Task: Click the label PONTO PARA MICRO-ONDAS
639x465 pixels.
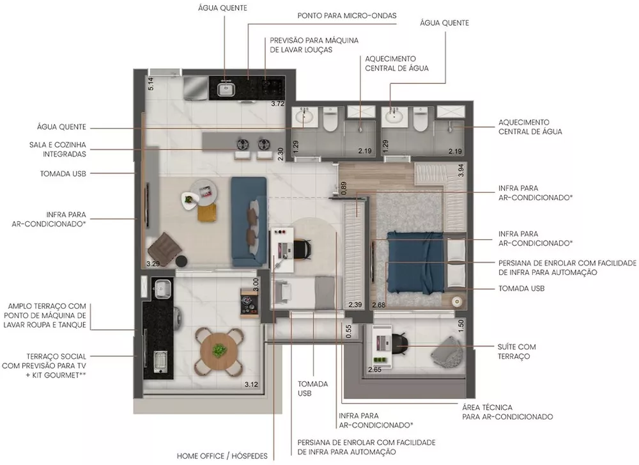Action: coord(347,15)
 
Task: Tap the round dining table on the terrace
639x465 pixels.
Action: coord(219,351)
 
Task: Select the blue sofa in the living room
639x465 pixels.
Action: coord(249,221)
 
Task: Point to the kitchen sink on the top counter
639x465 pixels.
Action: coord(225,89)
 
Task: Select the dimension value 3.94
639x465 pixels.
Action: coord(461,170)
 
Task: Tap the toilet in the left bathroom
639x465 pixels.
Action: coord(330,120)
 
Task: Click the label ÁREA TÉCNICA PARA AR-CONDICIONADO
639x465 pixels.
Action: coord(507,411)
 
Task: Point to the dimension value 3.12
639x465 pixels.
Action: coord(252,384)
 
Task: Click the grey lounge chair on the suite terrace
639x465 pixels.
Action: coord(449,351)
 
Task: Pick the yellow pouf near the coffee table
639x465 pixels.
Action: coord(204,212)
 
